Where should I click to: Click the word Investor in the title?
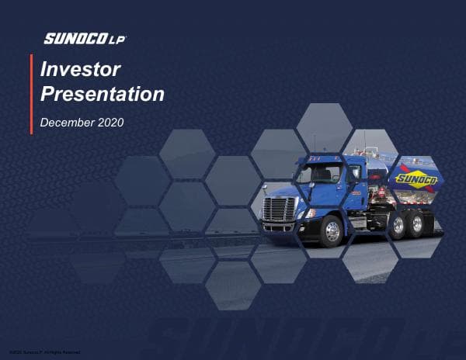point(80,70)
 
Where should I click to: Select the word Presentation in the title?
point(102,95)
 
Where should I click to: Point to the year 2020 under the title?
point(111,123)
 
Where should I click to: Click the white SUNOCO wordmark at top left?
point(72,38)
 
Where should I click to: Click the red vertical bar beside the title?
point(31,94)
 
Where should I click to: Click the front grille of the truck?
point(279,209)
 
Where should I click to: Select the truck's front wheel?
point(332,230)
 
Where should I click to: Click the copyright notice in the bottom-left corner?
point(40,353)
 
